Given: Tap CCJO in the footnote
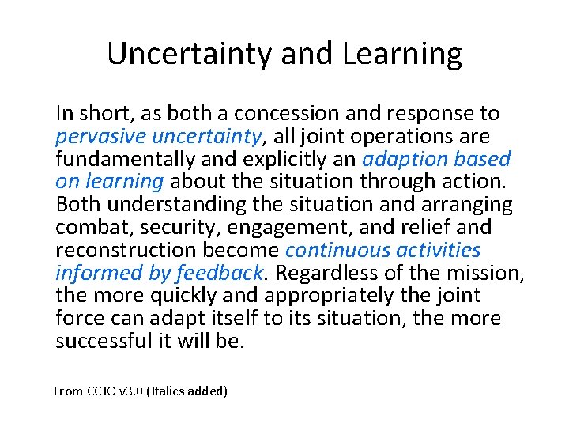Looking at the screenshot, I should [x=100, y=391].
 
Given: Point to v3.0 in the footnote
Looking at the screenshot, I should [x=130, y=391].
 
